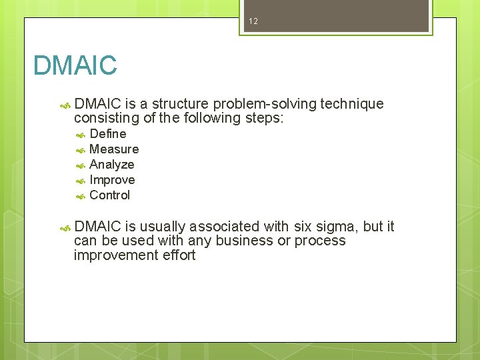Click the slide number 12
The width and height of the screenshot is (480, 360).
pyautogui.click(x=253, y=21)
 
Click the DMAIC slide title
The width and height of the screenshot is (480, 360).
pyautogui.click(x=75, y=65)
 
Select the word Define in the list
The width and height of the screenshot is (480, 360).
pyautogui.click(x=107, y=134)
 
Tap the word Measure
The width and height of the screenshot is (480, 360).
pyautogui.click(x=114, y=149)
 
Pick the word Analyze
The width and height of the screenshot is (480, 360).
pyautogui.click(x=112, y=165)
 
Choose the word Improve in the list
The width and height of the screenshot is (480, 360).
pyautogui.click(x=112, y=180)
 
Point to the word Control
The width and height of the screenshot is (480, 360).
pyautogui.click(x=110, y=195)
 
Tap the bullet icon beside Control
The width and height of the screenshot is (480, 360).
pyautogui.click(x=79, y=196)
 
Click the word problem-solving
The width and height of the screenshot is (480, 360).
pyautogui.click(x=265, y=104)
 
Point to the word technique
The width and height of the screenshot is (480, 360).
pyautogui.click(x=352, y=104)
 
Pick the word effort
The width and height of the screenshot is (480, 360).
pyautogui.click(x=178, y=255)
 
